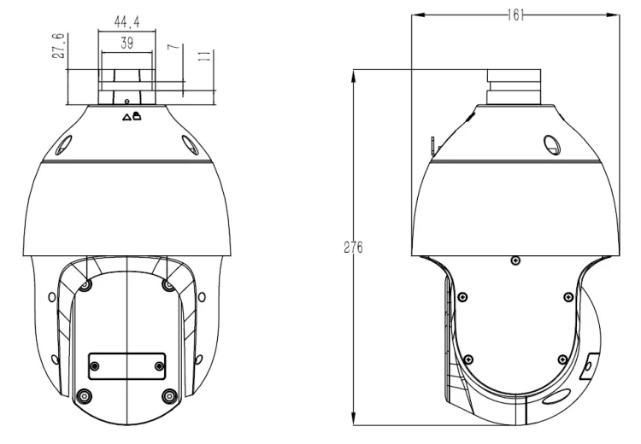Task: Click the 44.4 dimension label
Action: pyautogui.click(x=126, y=21)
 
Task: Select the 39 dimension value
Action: pyautogui.click(x=126, y=43)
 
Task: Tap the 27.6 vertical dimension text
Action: pyautogui.click(x=58, y=46)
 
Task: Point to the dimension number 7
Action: pyautogui.click(x=174, y=47)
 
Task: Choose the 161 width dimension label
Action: pyautogui.click(x=515, y=15)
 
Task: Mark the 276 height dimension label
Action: pyautogui.click(x=353, y=247)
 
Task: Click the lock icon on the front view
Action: pyautogui.click(x=137, y=116)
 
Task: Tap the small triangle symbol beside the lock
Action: pyautogui.click(x=126, y=118)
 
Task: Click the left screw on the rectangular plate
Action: pyautogui.click(x=95, y=366)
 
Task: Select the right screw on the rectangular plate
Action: pyautogui.click(x=159, y=366)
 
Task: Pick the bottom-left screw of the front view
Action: pyautogui.click(x=85, y=396)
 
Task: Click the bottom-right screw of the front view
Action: pyautogui.click(x=170, y=396)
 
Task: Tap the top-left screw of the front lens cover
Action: pyautogui.click(x=85, y=284)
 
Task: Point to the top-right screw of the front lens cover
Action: pyautogui.click(x=168, y=284)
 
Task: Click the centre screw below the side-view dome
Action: pyautogui.click(x=516, y=260)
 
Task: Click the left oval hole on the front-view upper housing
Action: pyautogui.click(x=64, y=145)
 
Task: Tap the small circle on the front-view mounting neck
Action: pyautogui.click(x=126, y=101)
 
